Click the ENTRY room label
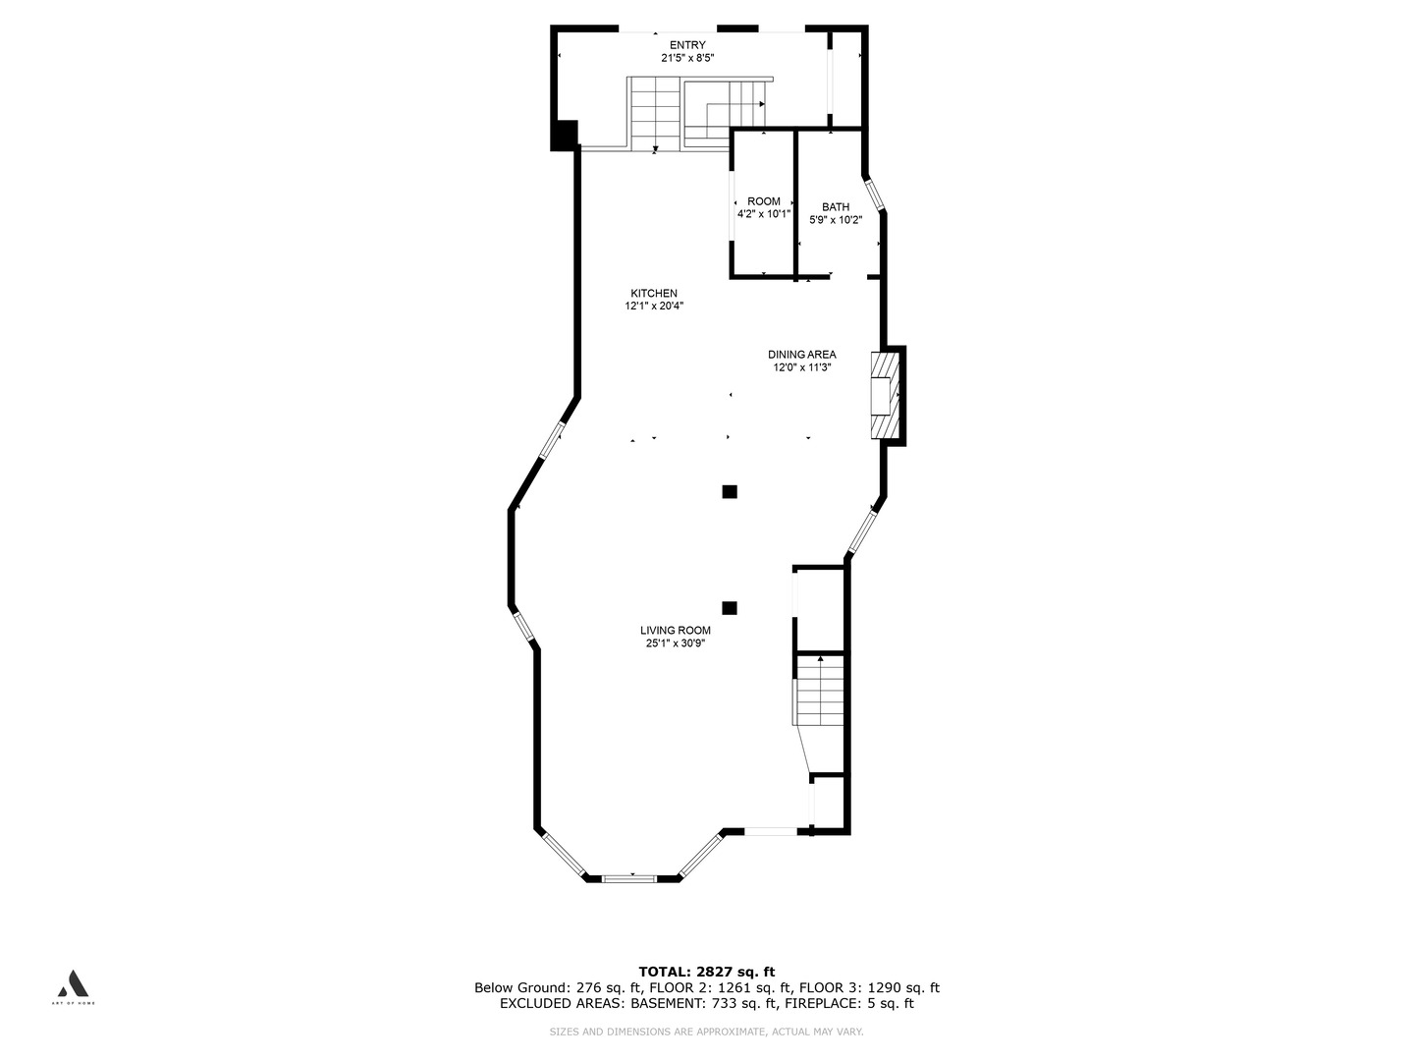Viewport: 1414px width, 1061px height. (687, 45)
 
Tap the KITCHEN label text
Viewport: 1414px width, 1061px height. (654, 293)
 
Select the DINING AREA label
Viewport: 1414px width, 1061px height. (802, 355)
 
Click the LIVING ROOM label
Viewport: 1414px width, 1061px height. (676, 630)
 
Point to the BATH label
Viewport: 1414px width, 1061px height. (836, 206)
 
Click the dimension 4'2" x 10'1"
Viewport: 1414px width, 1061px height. (763, 214)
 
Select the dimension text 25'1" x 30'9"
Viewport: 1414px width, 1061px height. (676, 642)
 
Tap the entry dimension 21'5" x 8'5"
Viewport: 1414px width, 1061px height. (687, 58)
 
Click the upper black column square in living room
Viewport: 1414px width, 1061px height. (730, 491)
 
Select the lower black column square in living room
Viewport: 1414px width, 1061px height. (730, 607)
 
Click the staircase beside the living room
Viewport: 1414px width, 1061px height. (819, 691)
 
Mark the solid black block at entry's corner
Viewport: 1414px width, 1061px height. (565, 136)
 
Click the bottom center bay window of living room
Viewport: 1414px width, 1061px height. (628, 878)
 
